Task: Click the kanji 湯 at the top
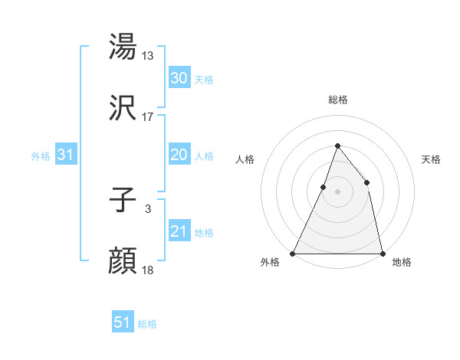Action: click(x=123, y=47)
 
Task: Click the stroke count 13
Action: click(x=148, y=56)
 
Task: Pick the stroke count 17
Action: click(x=148, y=117)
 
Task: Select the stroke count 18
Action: click(x=148, y=270)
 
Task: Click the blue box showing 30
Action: click(x=179, y=78)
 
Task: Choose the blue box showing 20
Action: click(x=179, y=155)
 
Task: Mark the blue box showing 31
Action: click(x=66, y=155)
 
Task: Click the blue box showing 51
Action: click(x=123, y=322)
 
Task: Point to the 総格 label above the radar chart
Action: click(x=337, y=100)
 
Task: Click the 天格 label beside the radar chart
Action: click(x=431, y=160)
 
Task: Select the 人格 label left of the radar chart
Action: click(x=245, y=160)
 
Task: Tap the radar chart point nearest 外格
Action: click(x=293, y=253)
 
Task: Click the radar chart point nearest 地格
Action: click(x=382, y=253)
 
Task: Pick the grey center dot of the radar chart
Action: click(x=337, y=191)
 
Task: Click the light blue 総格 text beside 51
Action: click(x=147, y=325)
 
